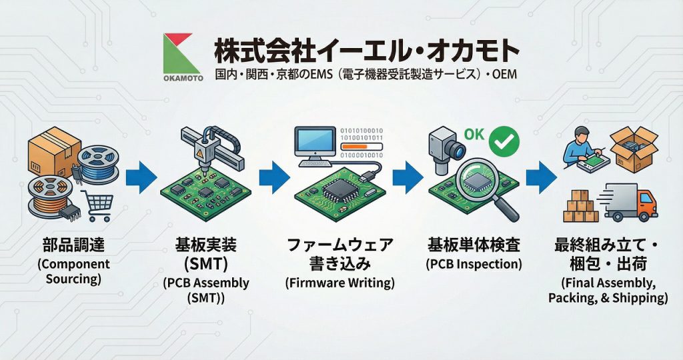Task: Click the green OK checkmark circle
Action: pos(504,141)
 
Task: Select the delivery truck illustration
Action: pos(630,201)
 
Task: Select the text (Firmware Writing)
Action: pos(339,282)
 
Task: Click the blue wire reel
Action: pos(99,164)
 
